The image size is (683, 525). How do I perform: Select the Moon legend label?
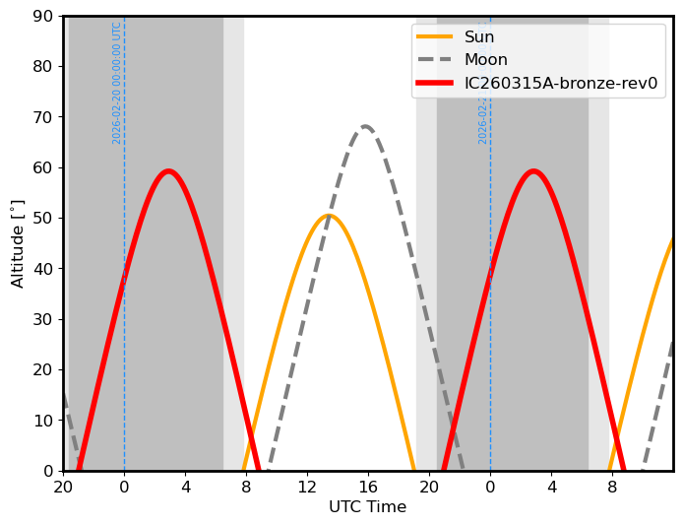click(486, 60)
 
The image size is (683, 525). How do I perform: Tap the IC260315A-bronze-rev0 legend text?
click(561, 83)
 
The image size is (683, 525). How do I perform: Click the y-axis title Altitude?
click(18, 243)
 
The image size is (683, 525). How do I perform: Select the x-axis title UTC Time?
click(367, 507)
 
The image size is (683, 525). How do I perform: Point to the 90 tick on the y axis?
click(43, 17)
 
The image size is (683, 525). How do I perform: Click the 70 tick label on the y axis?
click(43, 117)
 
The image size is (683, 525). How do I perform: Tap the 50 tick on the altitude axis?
click(43, 219)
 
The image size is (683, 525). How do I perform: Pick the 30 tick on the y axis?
click(43, 320)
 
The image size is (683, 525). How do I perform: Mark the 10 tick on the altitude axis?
click(43, 421)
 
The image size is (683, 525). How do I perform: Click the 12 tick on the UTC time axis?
click(307, 486)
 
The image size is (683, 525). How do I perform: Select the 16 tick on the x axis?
click(368, 486)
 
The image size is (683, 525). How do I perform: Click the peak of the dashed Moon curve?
click(365, 126)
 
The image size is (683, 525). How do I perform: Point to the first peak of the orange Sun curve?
click(329, 216)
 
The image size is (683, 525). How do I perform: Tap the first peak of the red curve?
click(168, 171)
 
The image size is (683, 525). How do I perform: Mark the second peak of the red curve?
click(533, 171)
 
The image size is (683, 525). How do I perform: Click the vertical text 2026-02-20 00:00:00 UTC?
click(117, 83)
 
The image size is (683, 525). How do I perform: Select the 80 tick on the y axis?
click(43, 67)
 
